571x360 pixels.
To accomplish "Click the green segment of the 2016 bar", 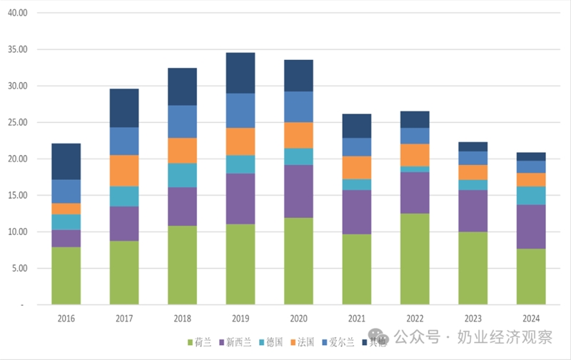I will (x=66, y=276).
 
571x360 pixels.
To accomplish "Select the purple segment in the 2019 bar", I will (x=240, y=199).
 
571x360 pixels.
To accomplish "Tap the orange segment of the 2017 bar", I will (x=123, y=171).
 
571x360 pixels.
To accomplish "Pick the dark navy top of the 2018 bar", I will (x=182, y=86).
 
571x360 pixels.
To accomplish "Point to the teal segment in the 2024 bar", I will (x=530, y=196).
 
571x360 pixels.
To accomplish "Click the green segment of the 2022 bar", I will (x=414, y=259).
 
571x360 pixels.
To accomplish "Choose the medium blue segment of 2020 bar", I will (x=298, y=106).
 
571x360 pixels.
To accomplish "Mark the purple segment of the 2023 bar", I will (x=473, y=211).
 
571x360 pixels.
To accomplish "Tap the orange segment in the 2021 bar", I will (x=356, y=167).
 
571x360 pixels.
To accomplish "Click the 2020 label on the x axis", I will (x=298, y=319).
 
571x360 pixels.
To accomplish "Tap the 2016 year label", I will (x=66, y=319).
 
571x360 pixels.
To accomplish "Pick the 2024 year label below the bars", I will (x=530, y=319).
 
